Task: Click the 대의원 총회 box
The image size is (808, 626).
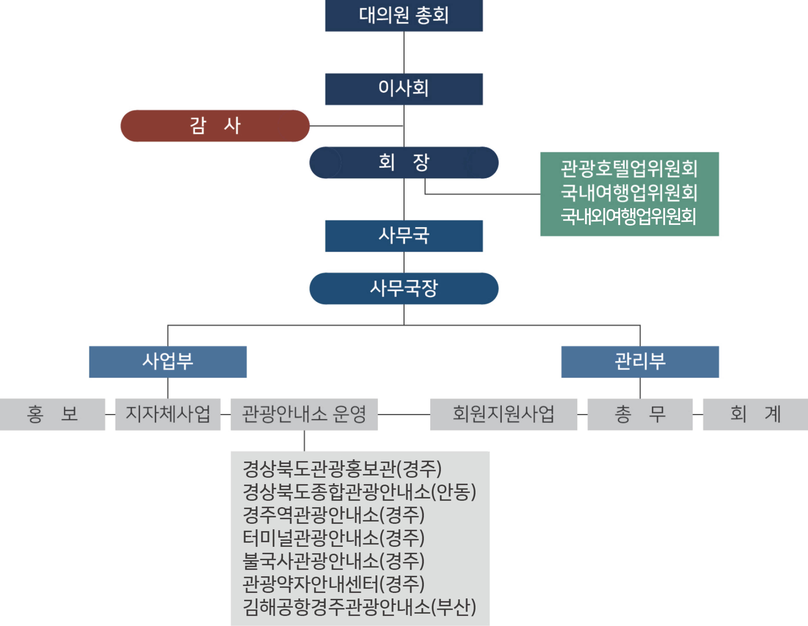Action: pyautogui.click(x=404, y=15)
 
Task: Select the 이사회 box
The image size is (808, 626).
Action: pyautogui.click(x=404, y=89)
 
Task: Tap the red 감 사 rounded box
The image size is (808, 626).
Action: pyautogui.click(x=215, y=126)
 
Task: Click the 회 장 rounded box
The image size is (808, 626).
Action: pyautogui.click(x=404, y=163)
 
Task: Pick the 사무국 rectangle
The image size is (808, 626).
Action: pyautogui.click(x=404, y=236)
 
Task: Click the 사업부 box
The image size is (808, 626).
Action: pyautogui.click(x=168, y=362)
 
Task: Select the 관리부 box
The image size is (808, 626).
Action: pyautogui.click(x=640, y=362)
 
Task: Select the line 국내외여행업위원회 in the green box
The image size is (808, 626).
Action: pyautogui.click(x=629, y=217)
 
